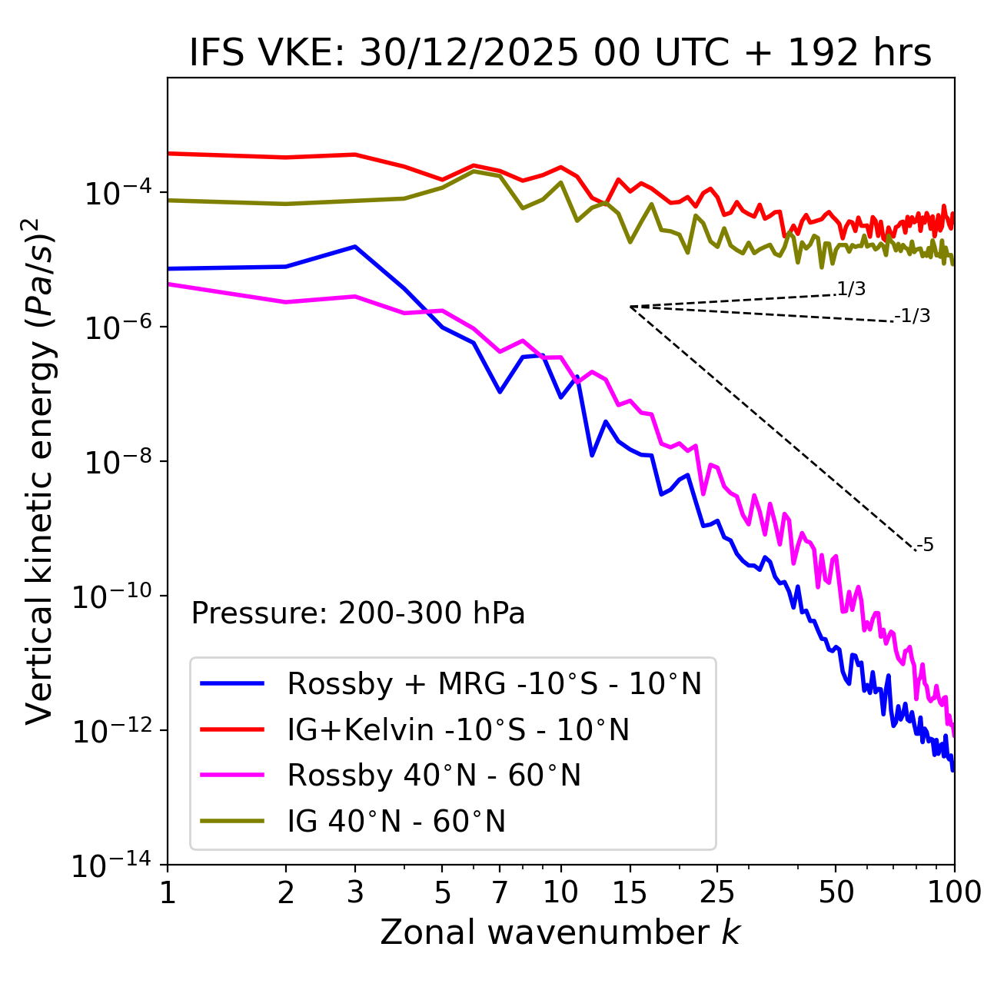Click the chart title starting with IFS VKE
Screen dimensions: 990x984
click(x=560, y=53)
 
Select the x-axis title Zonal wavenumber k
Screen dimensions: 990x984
click(x=560, y=932)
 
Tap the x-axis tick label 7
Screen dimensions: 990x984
click(x=500, y=892)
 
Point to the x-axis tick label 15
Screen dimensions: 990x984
click(x=630, y=892)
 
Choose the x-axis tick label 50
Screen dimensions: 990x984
click(x=836, y=892)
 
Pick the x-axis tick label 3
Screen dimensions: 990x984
click(x=355, y=892)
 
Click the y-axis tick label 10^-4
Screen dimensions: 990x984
click(x=116, y=192)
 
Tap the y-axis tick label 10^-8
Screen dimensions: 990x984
click(x=116, y=462)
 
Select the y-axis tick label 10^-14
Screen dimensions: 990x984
click(x=111, y=865)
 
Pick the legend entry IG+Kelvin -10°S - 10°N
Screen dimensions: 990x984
click(x=458, y=729)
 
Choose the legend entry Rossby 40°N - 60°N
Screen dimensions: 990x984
click(x=434, y=776)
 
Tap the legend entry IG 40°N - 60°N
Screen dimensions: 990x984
click(x=396, y=822)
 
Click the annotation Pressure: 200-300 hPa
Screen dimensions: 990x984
click(x=358, y=613)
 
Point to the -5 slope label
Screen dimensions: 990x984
click(x=926, y=546)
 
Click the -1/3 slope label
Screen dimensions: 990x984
click(x=913, y=316)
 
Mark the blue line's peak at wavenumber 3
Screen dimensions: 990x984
click(x=355, y=247)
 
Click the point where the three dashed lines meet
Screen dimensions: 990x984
click(x=630, y=307)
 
